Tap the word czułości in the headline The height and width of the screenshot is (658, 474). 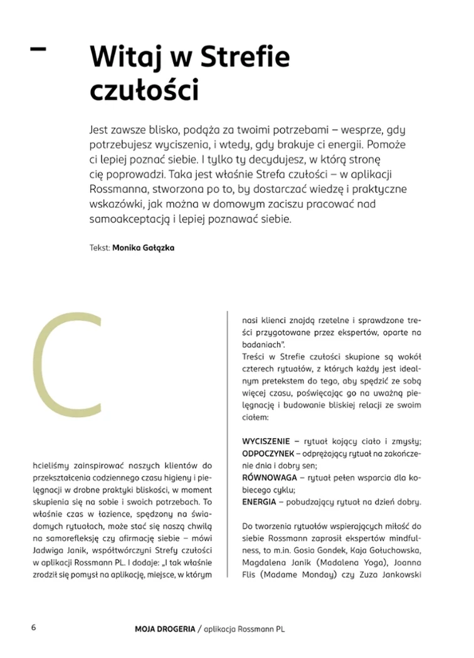point(144,90)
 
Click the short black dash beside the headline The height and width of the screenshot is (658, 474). point(38,48)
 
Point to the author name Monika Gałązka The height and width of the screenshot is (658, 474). point(143,248)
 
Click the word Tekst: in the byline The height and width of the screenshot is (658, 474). point(100,248)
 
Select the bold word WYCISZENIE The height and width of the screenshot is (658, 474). point(266,442)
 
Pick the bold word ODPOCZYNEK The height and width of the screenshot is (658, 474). point(268,454)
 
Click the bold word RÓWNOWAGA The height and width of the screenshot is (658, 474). point(264,478)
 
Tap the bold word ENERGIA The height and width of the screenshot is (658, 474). point(257,503)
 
